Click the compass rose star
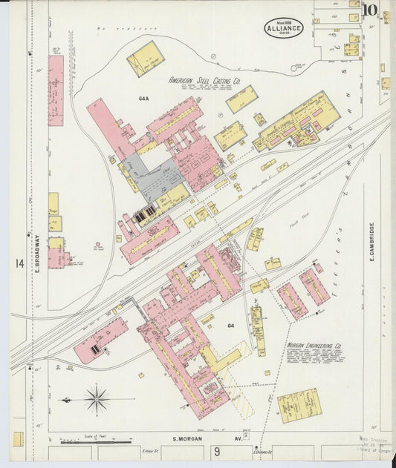click(97, 400)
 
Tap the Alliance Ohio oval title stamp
click(282, 28)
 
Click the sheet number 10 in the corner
click(370, 10)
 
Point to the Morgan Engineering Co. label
click(314, 346)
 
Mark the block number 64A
click(143, 98)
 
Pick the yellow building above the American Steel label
click(145, 59)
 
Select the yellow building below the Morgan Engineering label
click(298, 405)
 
